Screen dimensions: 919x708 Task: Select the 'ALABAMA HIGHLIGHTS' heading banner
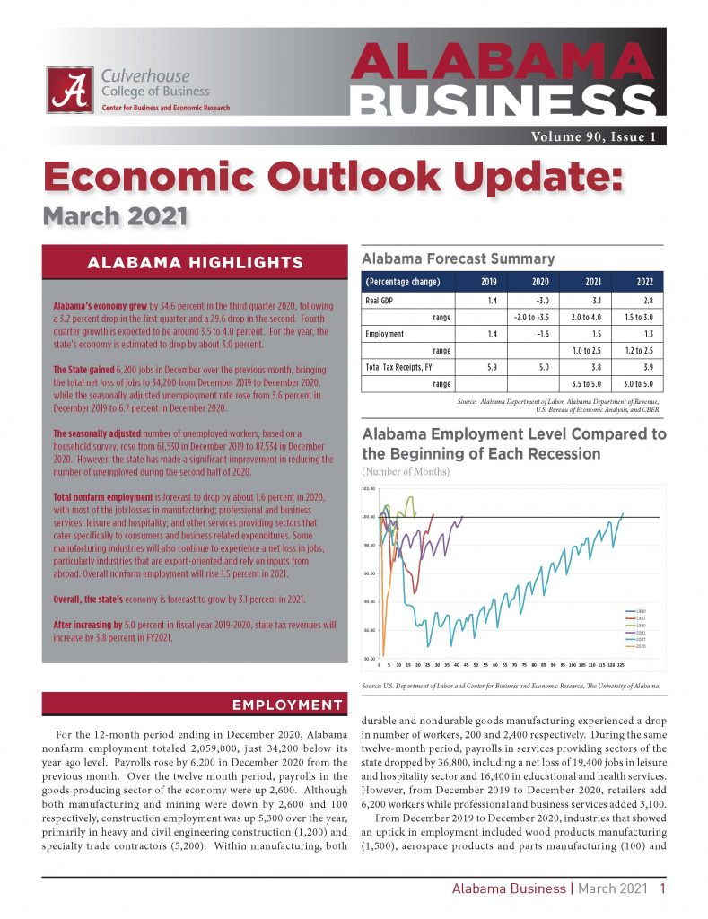pyautogui.click(x=194, y=263)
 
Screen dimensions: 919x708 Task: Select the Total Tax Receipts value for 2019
pyautogui.click(x=487, y=366)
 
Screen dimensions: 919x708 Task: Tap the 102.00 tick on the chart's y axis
pyautogui.click(x=368, y=489)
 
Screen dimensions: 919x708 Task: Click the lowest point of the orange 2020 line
pyautogui.click(x=382, y=655)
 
